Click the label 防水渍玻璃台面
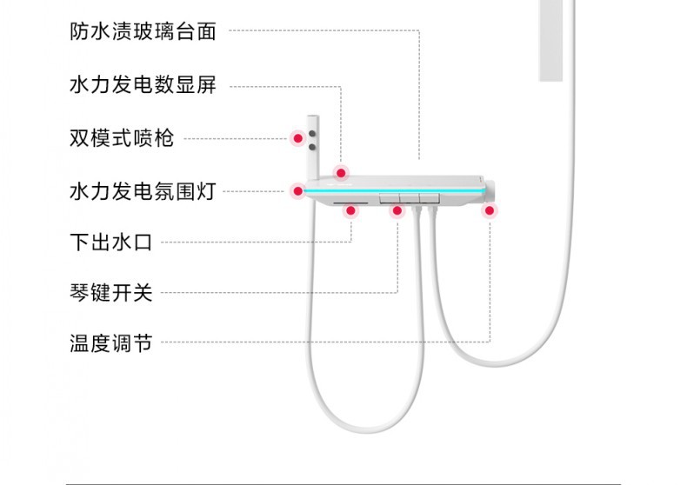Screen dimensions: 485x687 [143, 32]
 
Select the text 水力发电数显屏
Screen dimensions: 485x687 [143, 85]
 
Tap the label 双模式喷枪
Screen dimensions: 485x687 [122, 138]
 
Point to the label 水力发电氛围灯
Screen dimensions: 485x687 [143, 190]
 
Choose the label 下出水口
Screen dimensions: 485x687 [110, 242]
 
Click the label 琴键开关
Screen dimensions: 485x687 [110, 293]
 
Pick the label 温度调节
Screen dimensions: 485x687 [110, 343]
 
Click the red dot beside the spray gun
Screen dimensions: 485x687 [297, 138]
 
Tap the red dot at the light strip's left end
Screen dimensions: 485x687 [297, 190]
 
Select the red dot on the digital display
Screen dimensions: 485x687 [342, 171]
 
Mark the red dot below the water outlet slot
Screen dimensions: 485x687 [350, 210]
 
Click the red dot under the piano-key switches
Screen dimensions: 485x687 [397, 210]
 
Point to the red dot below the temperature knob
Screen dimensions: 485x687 [490, 209]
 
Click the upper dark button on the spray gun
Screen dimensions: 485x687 [312, 134]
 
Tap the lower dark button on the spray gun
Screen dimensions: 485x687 [312, 147]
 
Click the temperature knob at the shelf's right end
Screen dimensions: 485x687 [490, 190]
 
